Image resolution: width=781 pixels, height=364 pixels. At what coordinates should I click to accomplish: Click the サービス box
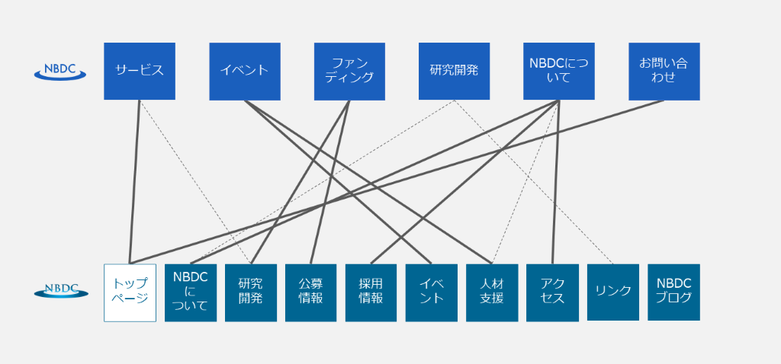pyautogui.click(x=140, y=71)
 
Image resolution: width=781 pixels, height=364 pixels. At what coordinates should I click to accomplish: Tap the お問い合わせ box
pyautogui.click(x=664, y=71)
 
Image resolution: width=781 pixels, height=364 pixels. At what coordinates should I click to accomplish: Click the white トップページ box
pyautogui.click(x=130, y=292)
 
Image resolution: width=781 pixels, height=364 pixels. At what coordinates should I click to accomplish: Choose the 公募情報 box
pyautogui.click(x=310, y=292)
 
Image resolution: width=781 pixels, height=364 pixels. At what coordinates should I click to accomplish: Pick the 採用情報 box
pyautogui.click(x=371, y=292)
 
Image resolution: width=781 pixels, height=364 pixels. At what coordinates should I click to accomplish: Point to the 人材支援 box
pyautogui.click(x=492, y=292)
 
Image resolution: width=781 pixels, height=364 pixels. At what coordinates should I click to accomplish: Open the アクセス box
pyautogui.click(x=552, y=292)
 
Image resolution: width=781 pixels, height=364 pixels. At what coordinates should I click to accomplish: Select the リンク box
pyautogui.click(x=612, y=292)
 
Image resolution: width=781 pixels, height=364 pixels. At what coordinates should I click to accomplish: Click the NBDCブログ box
pyautogui.click(x=673, y=292)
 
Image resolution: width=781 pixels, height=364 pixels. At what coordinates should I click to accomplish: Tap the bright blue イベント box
pyautogui.click(x=244, y=71)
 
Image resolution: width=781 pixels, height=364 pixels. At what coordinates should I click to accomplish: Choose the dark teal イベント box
pyautogui.click(x=431, y=292)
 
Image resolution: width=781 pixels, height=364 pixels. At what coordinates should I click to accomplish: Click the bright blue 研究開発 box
pyautogui.click(x=454, y=71)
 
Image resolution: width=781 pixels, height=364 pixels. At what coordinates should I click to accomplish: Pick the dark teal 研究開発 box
pyautogui.click(x=250, y=292)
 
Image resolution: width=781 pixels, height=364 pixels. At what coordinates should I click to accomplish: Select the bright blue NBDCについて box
pyautogui.click(x=559, y=71)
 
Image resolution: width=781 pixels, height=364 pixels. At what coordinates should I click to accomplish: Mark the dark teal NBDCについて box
pyautogui.click(x=191, y=292)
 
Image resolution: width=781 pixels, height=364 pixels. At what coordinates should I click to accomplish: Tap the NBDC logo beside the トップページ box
pyautogui.click(x=61, y=289)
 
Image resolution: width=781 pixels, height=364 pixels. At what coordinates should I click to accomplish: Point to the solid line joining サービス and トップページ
pyautogui.click(x=135, y=183)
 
